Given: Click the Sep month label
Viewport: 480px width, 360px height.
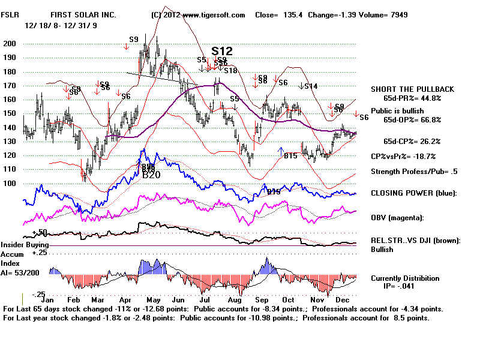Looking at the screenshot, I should pos(262,298).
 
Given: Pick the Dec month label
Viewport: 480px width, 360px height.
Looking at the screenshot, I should pos(343,298).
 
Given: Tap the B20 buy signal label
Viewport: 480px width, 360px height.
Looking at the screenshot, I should pos(151,175).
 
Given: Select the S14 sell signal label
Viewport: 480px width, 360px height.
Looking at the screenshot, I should pos(311,86).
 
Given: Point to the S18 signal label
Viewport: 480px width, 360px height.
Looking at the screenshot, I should pos(230,71).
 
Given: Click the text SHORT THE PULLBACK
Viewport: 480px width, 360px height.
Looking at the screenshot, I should pos(412,89).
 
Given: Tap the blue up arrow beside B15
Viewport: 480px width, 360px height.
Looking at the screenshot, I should pos(280,152).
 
